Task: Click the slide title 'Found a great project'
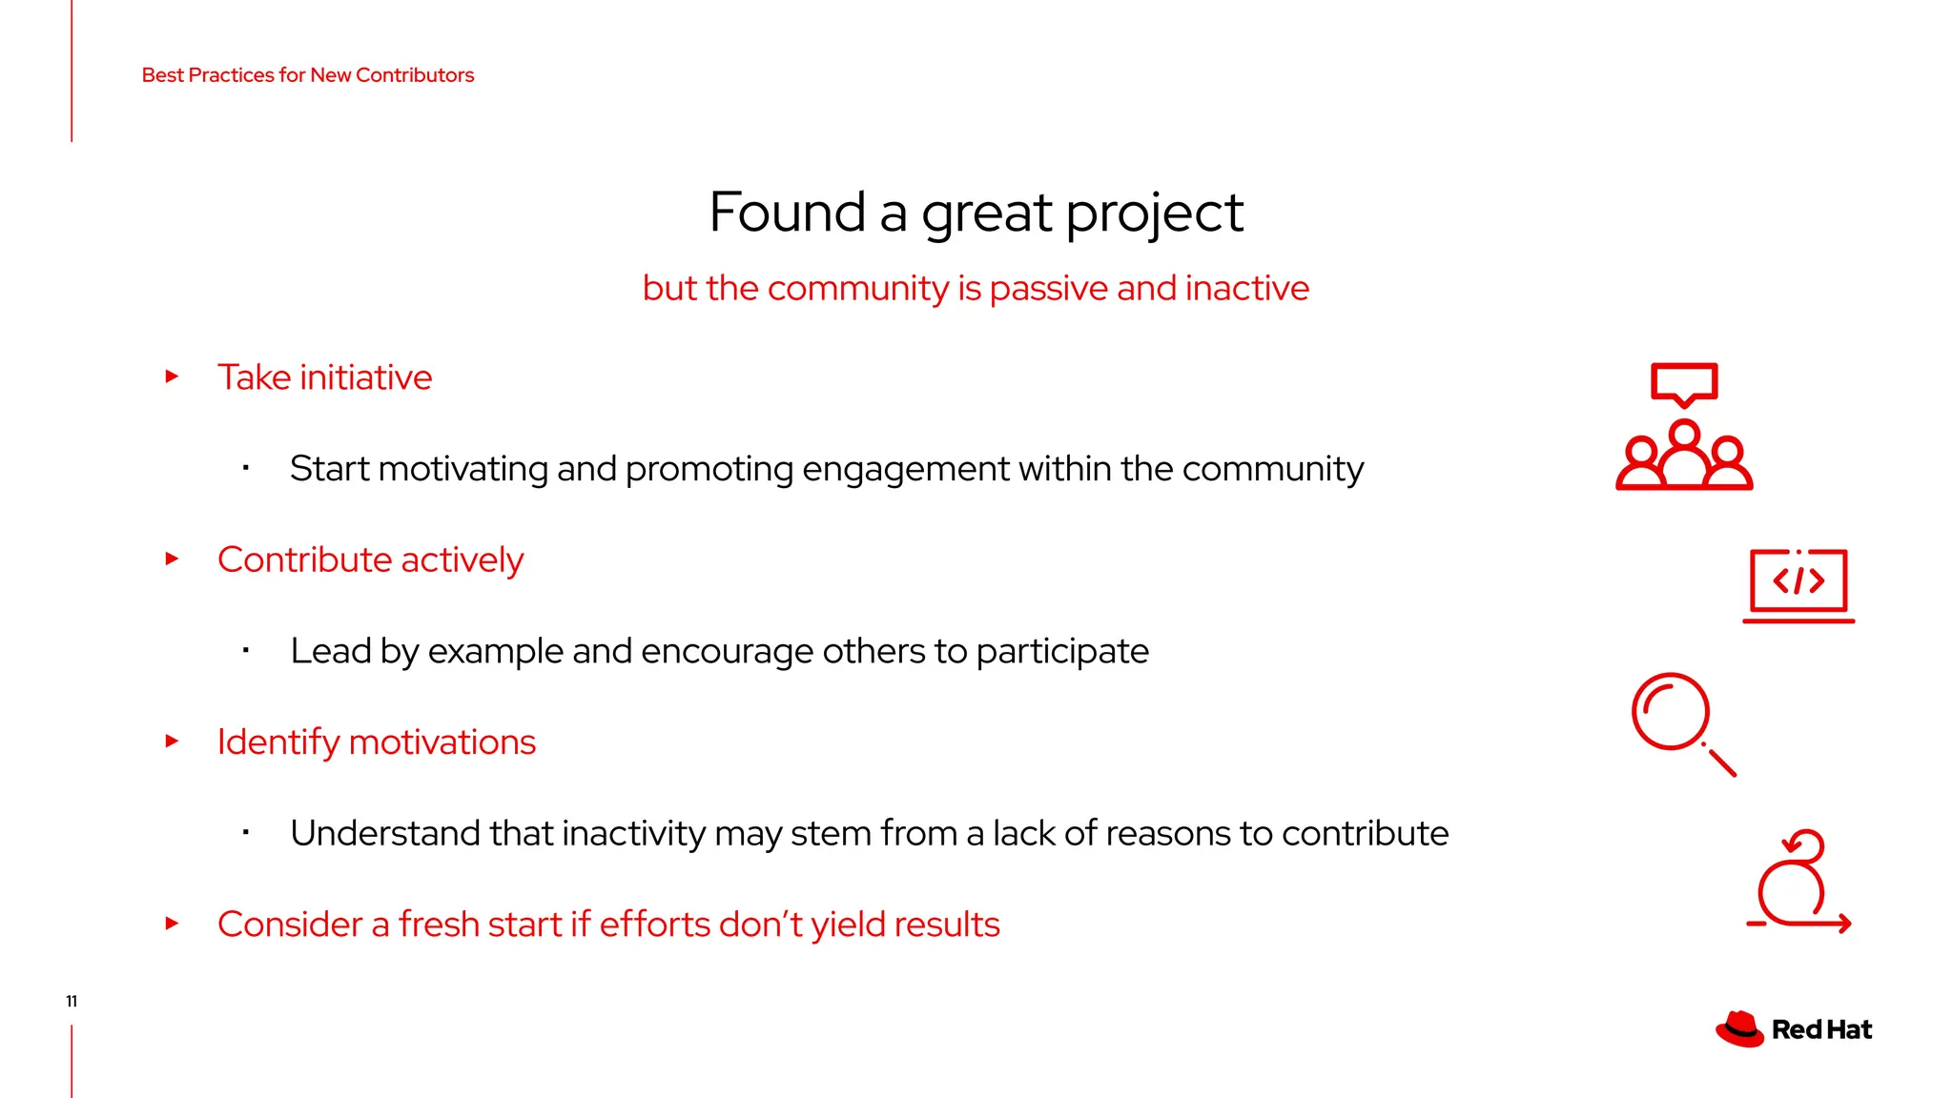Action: click(976, 212)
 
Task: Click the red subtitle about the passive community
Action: click(976, 288)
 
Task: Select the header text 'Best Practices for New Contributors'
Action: click(307, 75)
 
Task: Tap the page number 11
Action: click(72, 1001)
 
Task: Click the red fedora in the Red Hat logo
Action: click(1739, 1029)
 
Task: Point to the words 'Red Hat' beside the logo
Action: click(1821, 1030)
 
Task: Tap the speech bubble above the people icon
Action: click(1684, 383)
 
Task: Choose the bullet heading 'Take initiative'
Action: click(324, 377)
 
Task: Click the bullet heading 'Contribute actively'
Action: click(370, 559)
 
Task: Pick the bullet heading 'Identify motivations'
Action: click(376, 742)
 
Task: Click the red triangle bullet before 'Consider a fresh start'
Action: click(172, 924)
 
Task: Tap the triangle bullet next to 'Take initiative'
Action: click(172, 376)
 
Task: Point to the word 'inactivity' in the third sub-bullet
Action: click(633, 833)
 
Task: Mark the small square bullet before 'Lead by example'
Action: click(246, 651)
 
